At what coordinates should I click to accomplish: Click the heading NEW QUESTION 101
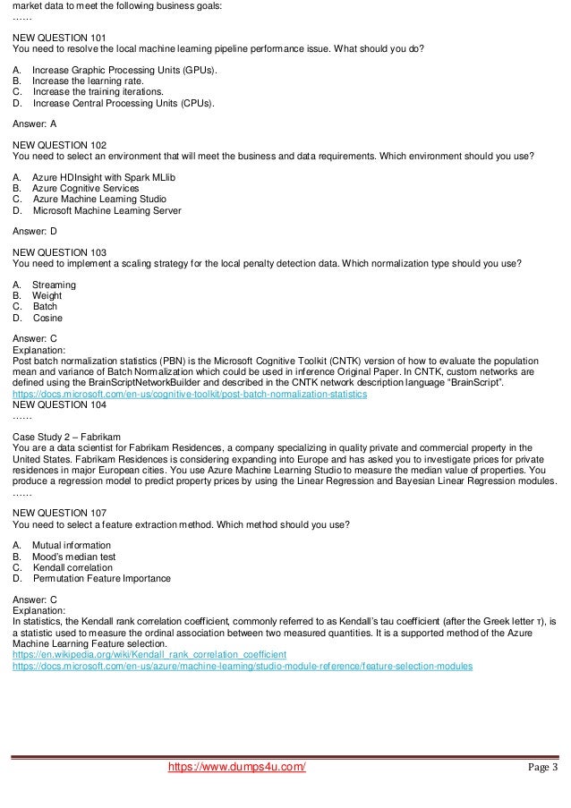click(59, 38)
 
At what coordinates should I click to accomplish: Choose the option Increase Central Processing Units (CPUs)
click(124, 103)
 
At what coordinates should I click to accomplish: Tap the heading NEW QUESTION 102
click(59, 145)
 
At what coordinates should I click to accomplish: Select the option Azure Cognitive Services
click(86, 189)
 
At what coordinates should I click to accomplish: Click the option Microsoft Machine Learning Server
click(107, 211)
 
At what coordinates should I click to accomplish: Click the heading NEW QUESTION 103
click(59, 253)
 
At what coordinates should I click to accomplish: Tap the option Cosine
click(47, 318)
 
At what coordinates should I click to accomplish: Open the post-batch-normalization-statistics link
click(190, 394)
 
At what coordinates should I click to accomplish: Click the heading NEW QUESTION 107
click(59, 513)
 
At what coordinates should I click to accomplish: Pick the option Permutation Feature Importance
click(101, 578)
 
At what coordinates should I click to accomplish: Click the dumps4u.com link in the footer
click(237, 768)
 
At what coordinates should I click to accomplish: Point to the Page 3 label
click(542, 768)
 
